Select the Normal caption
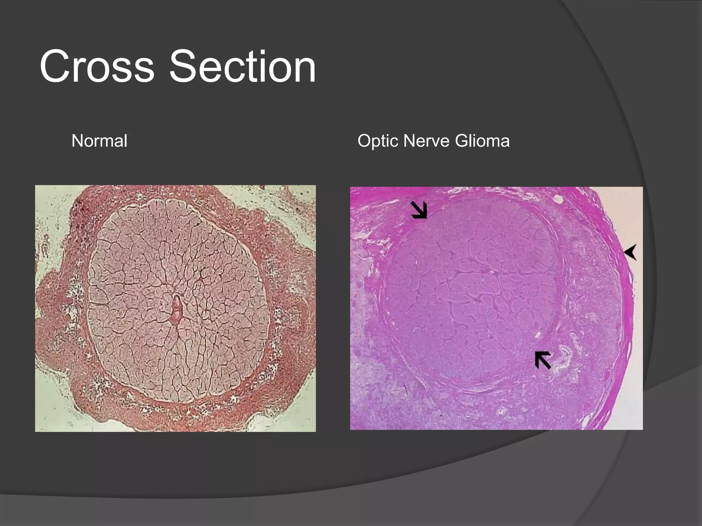pos(99,141)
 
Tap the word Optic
pos(378,141)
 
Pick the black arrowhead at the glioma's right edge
pos(630,252)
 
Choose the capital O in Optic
pos(364,141)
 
